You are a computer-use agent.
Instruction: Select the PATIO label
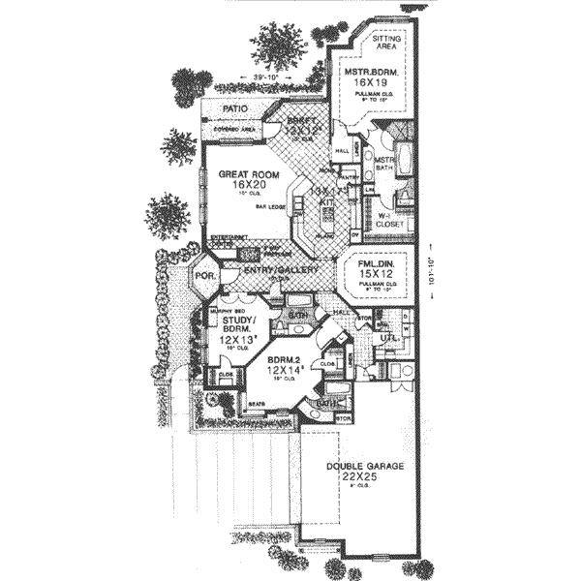pos(236,110)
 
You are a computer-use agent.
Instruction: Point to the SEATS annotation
pos(258,402)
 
